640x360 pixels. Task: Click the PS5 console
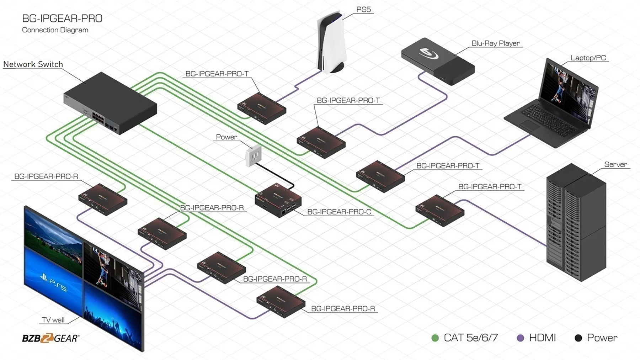(x=331, y=43)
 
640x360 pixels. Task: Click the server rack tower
(x=576, y=222)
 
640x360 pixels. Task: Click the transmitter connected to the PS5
(x=262, y=108)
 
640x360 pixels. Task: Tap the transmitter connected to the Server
(x=440, y=211)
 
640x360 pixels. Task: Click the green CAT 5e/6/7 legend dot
(x=435, y=338)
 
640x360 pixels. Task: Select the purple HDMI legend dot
(x=520, y=338)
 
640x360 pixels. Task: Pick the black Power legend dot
(x=578, y=338)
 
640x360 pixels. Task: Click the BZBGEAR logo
(x=50, y=338)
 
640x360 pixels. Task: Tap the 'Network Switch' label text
(x=33, y=64)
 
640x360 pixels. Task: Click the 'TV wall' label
(x=53, y=320)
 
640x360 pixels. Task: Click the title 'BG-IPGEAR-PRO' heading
(x=62, y=18)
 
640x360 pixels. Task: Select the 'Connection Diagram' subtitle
(x=55, y=30)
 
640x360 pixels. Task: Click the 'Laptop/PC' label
(x=588, y=58)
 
